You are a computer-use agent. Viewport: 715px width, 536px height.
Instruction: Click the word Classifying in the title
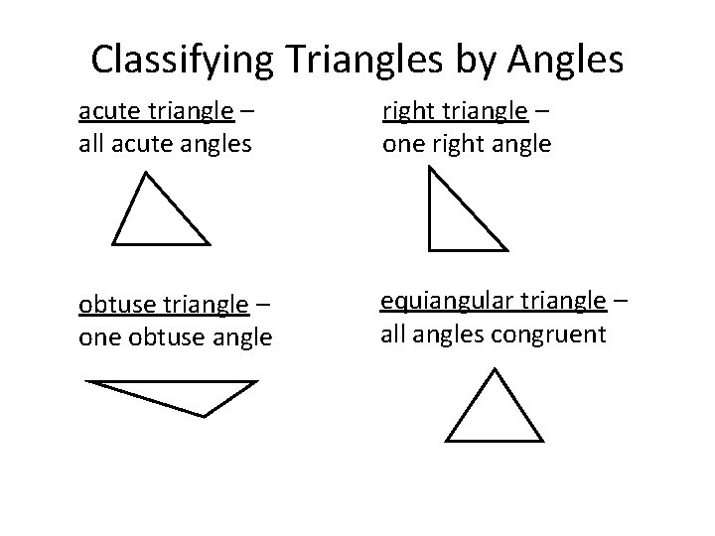(x=181, y=62)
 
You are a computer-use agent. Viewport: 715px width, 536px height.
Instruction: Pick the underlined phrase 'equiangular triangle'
(x=494, y=301)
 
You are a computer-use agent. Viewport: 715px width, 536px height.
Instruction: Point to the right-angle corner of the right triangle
(x=430, y=247)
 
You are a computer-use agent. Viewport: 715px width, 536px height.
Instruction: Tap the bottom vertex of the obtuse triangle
(x=204, y=415)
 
